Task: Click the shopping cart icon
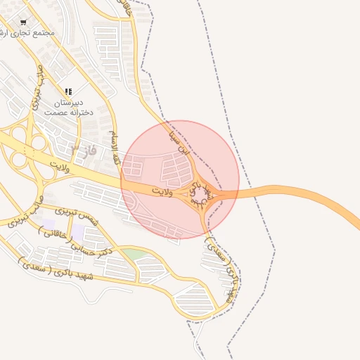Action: click(23, 22)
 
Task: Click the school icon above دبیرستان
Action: click(68, 91)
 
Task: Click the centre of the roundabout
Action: click(200, 193)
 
